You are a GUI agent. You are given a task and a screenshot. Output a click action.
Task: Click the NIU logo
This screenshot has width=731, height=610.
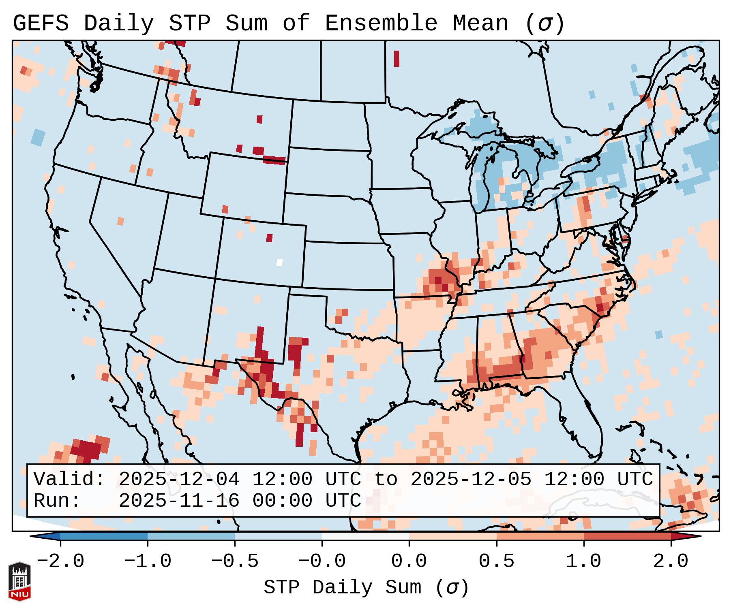(19, 581)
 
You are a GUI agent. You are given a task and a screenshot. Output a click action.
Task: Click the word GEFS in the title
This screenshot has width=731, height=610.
(41, 23)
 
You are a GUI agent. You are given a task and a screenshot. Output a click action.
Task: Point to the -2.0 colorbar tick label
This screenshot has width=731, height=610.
(60, 561)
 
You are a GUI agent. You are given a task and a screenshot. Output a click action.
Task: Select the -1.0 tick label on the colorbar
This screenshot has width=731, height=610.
(148, 561)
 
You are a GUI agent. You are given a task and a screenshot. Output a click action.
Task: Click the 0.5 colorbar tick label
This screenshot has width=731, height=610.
(496, 561)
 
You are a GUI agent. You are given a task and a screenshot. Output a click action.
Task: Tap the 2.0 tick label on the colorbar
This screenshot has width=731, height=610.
(671, 561)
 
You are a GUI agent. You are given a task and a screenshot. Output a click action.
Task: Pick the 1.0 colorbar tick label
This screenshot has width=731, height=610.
(583, 561)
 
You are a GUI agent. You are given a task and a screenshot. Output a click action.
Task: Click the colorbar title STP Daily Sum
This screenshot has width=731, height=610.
(343, 588)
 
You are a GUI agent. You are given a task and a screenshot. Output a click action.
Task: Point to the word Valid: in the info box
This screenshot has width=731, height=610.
(69, 480)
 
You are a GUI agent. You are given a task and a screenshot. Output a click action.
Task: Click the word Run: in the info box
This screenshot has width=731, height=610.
(57, 501)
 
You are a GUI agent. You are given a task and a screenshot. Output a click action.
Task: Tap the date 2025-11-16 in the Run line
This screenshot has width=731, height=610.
(179, 501)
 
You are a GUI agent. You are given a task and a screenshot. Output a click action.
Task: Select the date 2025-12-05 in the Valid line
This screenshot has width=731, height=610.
(471, 480)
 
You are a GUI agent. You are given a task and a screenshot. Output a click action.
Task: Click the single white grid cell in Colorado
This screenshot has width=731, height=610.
(279, 262)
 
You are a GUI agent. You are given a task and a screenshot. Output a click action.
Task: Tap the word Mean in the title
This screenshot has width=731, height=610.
(480, 23)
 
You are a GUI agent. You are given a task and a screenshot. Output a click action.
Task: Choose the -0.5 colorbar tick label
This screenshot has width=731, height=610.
(235, 561)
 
